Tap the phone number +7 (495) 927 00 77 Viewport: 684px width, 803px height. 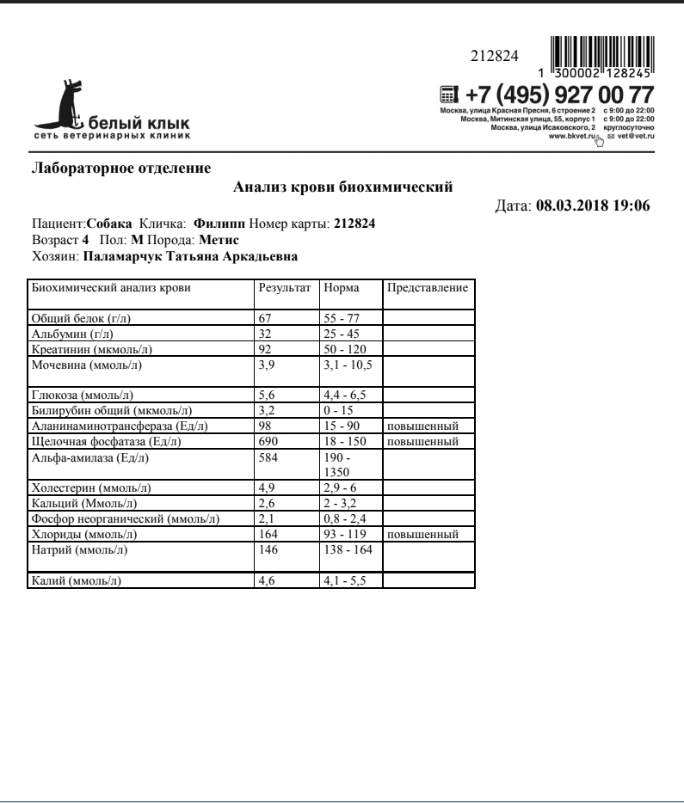point(558,95)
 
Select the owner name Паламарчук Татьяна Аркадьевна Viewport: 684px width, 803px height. point(190,256)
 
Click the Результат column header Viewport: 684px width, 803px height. point(284,288)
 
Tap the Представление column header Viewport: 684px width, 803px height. point(428,288)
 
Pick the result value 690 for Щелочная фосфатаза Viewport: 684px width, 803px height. point(268,441)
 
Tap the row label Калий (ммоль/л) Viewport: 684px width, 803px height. point(76,581)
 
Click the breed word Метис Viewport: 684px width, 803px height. point(219,240)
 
